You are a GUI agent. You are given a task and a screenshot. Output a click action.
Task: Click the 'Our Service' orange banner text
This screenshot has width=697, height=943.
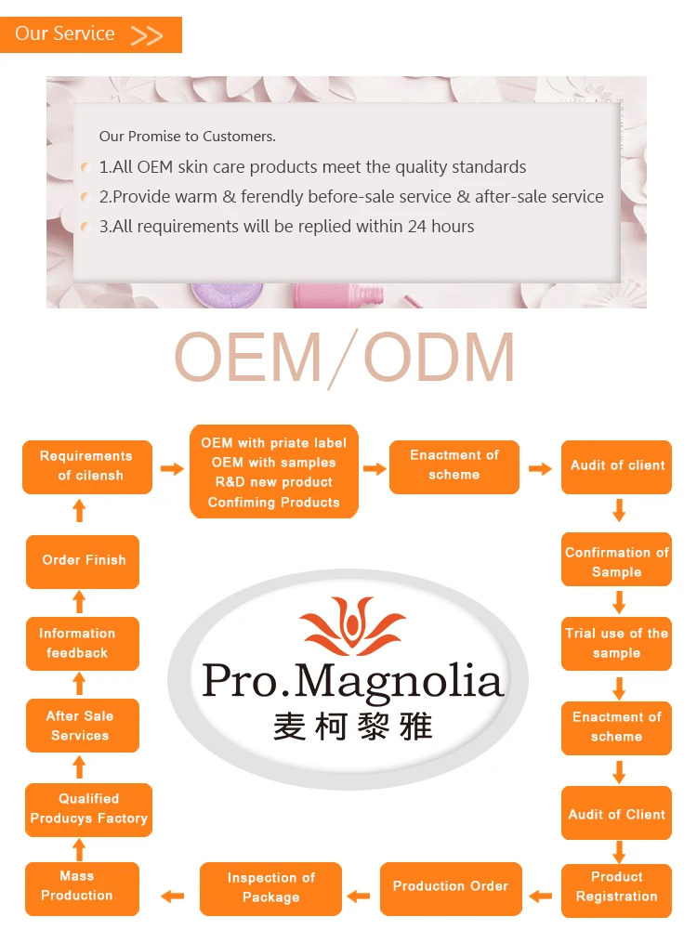click(x=65, y=34)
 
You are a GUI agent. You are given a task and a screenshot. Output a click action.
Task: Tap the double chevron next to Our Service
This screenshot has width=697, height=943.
click(x=146, y=36)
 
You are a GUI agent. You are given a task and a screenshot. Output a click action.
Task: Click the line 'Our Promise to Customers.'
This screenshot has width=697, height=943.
click(x=188, y=137)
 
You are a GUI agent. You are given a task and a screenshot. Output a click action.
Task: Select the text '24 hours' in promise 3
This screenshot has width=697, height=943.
click(x=441, y=227)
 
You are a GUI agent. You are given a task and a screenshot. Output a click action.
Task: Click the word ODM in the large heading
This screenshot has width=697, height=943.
click(x=440, y=358)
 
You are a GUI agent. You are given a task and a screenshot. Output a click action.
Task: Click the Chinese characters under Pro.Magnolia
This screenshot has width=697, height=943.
click(x=353, y=725)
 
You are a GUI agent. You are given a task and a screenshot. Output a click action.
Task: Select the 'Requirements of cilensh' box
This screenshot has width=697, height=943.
click(x=86, y=466)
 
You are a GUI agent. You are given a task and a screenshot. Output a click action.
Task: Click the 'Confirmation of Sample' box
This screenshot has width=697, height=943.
click(x=616, y=561)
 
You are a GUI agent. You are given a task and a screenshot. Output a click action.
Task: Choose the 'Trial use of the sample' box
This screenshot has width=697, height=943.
click(x=616, y=643)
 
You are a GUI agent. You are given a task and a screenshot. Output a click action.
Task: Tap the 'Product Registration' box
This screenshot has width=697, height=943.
click(x=616, y=887)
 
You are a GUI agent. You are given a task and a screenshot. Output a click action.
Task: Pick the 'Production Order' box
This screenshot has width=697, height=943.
click(x=451, y=887)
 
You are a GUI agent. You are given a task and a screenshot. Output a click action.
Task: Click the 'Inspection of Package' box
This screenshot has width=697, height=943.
click(x=270, y=888)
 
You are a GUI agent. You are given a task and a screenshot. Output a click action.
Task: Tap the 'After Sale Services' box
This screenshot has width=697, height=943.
click(x=81, y=726)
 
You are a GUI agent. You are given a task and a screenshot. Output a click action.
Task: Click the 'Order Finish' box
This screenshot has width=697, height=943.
click(x=83, y=560)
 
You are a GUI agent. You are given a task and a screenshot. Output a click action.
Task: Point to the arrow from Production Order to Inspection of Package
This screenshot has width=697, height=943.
click(x=359, y=897)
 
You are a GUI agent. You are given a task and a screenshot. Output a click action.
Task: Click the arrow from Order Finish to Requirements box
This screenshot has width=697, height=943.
click(x=79, y=510)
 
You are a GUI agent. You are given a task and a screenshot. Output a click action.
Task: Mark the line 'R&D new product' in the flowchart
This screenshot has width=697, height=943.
click(x=273, y=482)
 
